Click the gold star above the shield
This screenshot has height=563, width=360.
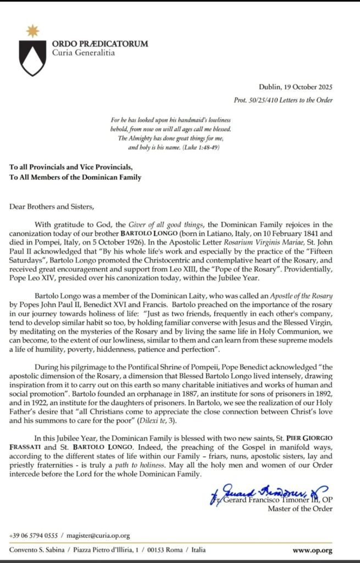[x=32, y=31]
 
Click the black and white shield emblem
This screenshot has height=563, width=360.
[x=32, y=58]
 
